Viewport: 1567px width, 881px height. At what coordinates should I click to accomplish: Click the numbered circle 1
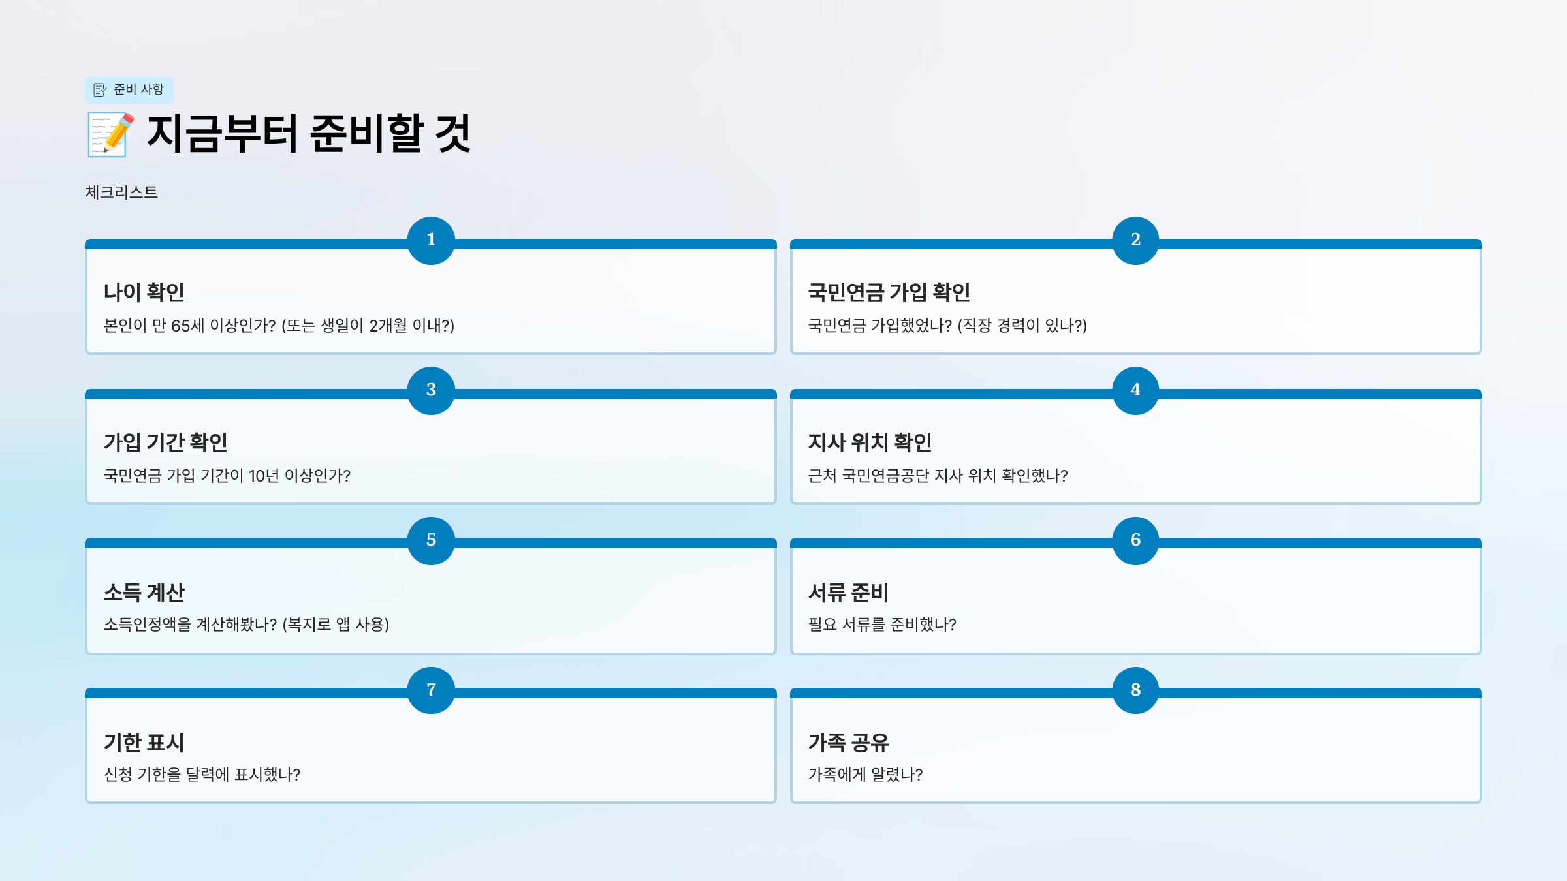(431, 240)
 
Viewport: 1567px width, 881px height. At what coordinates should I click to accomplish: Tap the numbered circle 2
(1135, 240)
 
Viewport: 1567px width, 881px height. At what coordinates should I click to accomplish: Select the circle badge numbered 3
(431, 390)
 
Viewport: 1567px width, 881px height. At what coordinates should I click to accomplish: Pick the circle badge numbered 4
(1135, 390)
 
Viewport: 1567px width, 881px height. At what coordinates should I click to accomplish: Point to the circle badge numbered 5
(431, 540)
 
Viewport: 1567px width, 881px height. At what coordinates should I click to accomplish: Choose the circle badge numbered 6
(1135, 540)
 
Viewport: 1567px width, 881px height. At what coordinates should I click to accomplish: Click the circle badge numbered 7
(431, 690)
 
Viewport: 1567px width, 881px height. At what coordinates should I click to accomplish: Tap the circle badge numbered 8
(1135, 690)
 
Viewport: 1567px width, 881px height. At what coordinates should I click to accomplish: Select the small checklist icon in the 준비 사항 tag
(100, 90)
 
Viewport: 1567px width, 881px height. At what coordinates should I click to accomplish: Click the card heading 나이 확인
(144, 292)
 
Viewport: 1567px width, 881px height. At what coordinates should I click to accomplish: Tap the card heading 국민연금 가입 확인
(889, 292)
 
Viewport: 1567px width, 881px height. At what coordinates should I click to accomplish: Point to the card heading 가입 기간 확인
(166, 442)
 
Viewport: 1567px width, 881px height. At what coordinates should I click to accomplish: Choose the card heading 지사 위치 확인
(870, 442)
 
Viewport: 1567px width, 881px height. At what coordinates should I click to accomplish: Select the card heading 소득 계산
(144, 593)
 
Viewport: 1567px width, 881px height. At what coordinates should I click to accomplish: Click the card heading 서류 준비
(849, 593)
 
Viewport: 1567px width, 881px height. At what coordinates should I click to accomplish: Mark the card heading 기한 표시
(144, 743)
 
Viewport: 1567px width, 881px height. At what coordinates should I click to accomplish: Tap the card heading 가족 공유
(849, 743)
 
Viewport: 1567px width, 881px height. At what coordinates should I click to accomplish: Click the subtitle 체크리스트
(121, 193)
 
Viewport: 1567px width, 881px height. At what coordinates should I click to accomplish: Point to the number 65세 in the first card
(187, 326)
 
